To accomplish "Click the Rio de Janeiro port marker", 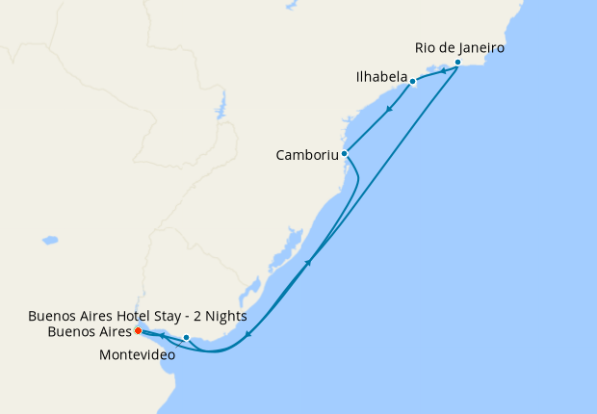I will [x=457, y=63].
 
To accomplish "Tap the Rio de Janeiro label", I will [x=459, y=46].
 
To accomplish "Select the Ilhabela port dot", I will [x=412, y=82].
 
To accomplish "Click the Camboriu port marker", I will [x=344, y=153].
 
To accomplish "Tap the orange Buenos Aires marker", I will [x=139, y=332].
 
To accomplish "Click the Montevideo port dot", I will [x=187, y=338].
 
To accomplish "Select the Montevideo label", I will [x=138, y=355].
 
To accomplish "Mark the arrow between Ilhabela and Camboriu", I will [x=388, y=109].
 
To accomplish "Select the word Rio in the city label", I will [x=425, y=46].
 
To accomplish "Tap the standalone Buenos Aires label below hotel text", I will [x=88, y=332].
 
